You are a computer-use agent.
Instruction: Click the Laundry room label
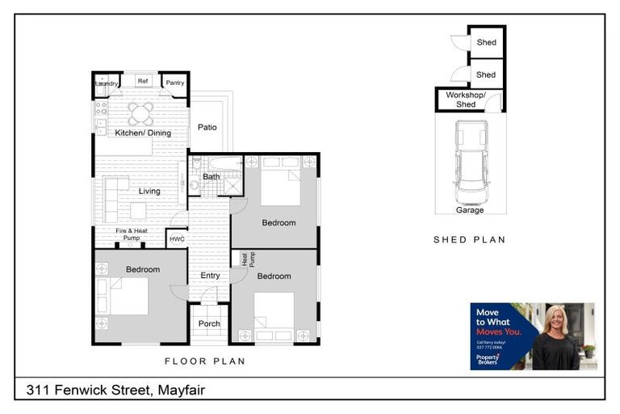pyautogui.click(x=107, y=83)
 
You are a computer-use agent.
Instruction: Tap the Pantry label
pyautogui.click(x=175, y=82)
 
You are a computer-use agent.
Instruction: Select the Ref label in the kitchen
pyautogui.click(x=142, y=81)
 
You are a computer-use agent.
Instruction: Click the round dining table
pyautogui.click(x=140, y=112)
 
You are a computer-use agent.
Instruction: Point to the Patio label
pyautogui.click(x=207, y=127)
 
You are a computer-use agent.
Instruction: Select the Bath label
pyautogui.click(x=212, y=176)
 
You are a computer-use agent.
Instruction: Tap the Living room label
pyautogui.click(x=149, y=192)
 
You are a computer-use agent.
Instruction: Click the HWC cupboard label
pyautogui.click(x=177, y=239)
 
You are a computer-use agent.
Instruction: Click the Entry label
pyautogui.click(x=210, y=276)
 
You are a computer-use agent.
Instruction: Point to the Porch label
pyautogui.click(x=209, y=324)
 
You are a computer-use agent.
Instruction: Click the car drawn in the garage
pyautogui.click(x=471, y=162)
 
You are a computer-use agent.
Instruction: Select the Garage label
pyautogui.click(x=470, y=210)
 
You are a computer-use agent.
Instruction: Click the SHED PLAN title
pyautogui.click(x=469, y=239)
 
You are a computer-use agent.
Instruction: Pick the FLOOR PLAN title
pyautogui.click(x=205, y=361)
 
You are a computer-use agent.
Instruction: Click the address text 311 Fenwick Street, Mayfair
pyautogui.click(x=115, y=391)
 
